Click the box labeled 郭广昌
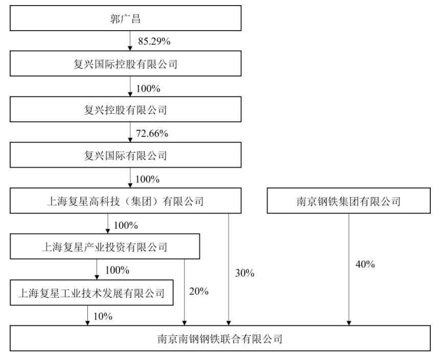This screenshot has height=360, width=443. [126, 18]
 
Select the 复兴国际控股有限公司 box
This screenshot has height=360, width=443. [126, 63]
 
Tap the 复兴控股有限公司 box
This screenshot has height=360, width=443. [126, 109]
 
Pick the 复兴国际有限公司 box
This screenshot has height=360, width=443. [126, 155]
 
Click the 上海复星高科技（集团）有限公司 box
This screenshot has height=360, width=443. [126, 201]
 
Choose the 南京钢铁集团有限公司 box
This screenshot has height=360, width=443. [348, 201]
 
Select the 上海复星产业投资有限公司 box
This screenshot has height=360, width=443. [105, 247]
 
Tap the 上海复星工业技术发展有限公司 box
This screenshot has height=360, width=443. [91, 293]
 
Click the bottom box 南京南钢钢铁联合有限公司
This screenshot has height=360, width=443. [220, 338]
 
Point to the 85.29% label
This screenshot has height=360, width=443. [154, 41]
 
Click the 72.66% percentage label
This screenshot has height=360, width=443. [152, 133]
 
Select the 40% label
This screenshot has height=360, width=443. [365, 265]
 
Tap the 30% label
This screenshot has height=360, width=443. [245, 273]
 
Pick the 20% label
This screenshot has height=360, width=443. [199, 291]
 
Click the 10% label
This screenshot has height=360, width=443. [103, 316]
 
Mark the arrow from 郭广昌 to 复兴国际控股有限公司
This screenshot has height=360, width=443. [130, 41]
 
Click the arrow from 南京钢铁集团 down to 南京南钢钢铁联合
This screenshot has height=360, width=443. [348, 270]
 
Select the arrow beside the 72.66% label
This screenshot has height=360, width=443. [130, 132]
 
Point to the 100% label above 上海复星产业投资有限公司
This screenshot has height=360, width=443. [126, 225]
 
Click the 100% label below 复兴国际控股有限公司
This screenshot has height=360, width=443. [148, 89]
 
